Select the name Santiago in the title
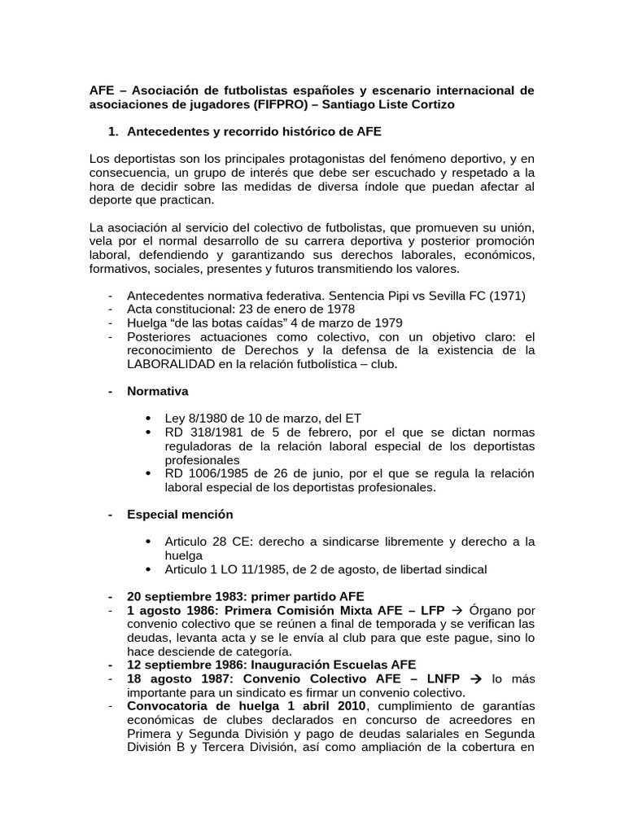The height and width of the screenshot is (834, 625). [x=371, y=105]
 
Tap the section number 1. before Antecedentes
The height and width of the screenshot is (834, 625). [x=113, y=130]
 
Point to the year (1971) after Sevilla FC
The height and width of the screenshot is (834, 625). [x=508, y=296]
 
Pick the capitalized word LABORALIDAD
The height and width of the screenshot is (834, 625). [x=168, y=364]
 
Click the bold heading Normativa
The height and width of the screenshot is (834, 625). [x=158, y=391]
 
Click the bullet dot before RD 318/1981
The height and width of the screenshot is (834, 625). [x=147, y=432]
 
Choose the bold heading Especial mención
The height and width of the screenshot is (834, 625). [x=180, y=514]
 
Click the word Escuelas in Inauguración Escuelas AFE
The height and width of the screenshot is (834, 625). [x=336, y=665]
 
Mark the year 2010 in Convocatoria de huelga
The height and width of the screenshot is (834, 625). [x=348, y=705]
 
